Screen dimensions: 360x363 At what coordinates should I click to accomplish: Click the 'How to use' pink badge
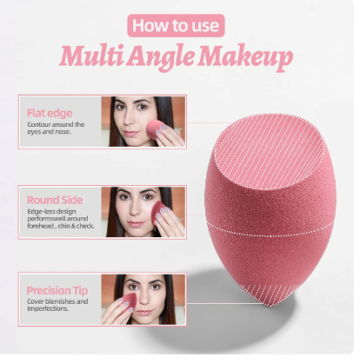tap(176, 25)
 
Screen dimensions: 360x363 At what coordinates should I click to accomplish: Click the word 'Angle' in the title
tap(160, 57)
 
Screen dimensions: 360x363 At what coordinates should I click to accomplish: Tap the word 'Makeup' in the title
tap(245, 57)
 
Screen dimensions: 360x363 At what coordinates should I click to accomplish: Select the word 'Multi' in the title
tap(91, 55)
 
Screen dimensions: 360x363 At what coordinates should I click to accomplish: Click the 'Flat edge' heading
tap(50, 113)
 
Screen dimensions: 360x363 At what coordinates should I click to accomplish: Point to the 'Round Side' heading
tap(55, 200)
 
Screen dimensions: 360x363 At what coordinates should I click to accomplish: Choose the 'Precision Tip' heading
tap(57, 290)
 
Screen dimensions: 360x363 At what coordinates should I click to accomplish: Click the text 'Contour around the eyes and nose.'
tap(56, 128)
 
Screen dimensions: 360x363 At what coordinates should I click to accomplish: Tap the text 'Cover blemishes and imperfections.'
tap(57, 305)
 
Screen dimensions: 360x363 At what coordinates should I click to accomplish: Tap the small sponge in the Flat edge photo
tap(155, 129)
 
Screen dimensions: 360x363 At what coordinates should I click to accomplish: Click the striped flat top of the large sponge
tap(269, 152)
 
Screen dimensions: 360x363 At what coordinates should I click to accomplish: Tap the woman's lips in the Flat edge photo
tap(130, 134)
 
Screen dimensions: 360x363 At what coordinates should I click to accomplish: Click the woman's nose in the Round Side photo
tap(135, 211)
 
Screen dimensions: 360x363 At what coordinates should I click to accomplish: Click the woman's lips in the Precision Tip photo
tap(144, 312)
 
